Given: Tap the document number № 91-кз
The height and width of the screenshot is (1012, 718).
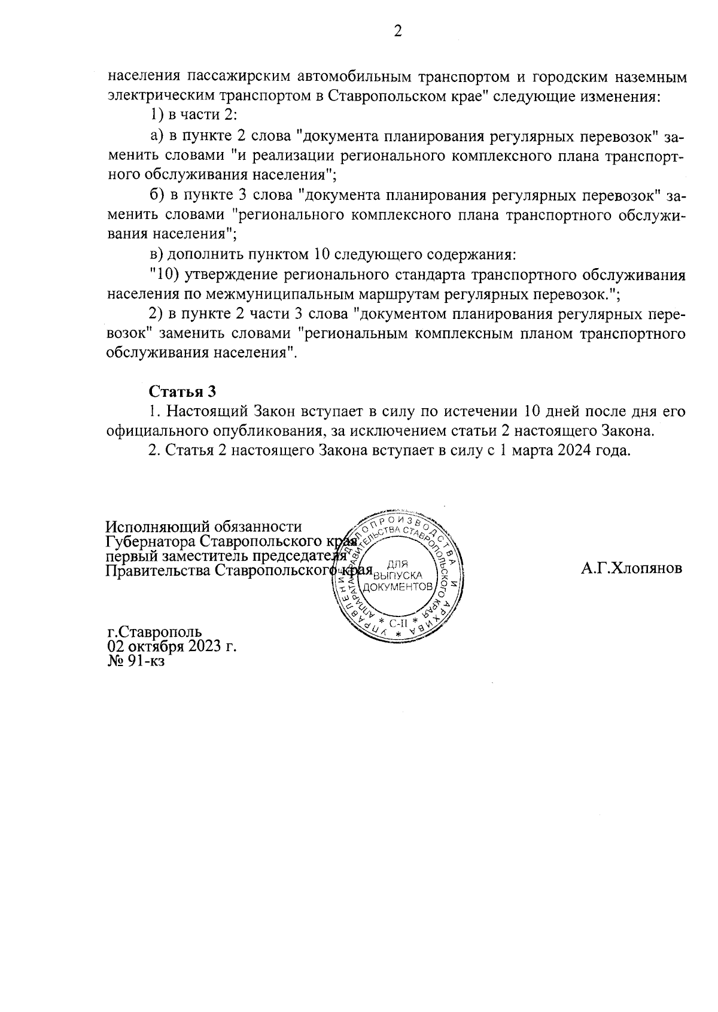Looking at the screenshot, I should click(136, 661).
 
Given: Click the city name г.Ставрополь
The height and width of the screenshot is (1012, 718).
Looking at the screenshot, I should click(154, 632).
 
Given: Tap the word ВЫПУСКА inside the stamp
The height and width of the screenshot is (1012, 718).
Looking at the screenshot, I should click(398, 576).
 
